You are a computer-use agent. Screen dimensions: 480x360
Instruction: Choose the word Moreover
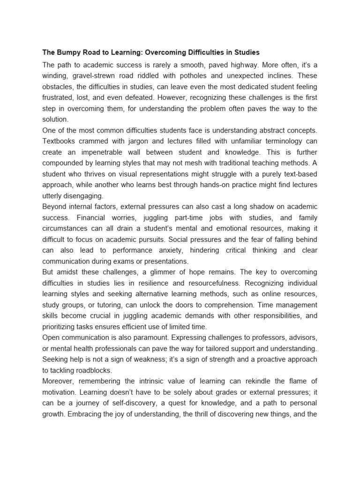click(x=59, y=381)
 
